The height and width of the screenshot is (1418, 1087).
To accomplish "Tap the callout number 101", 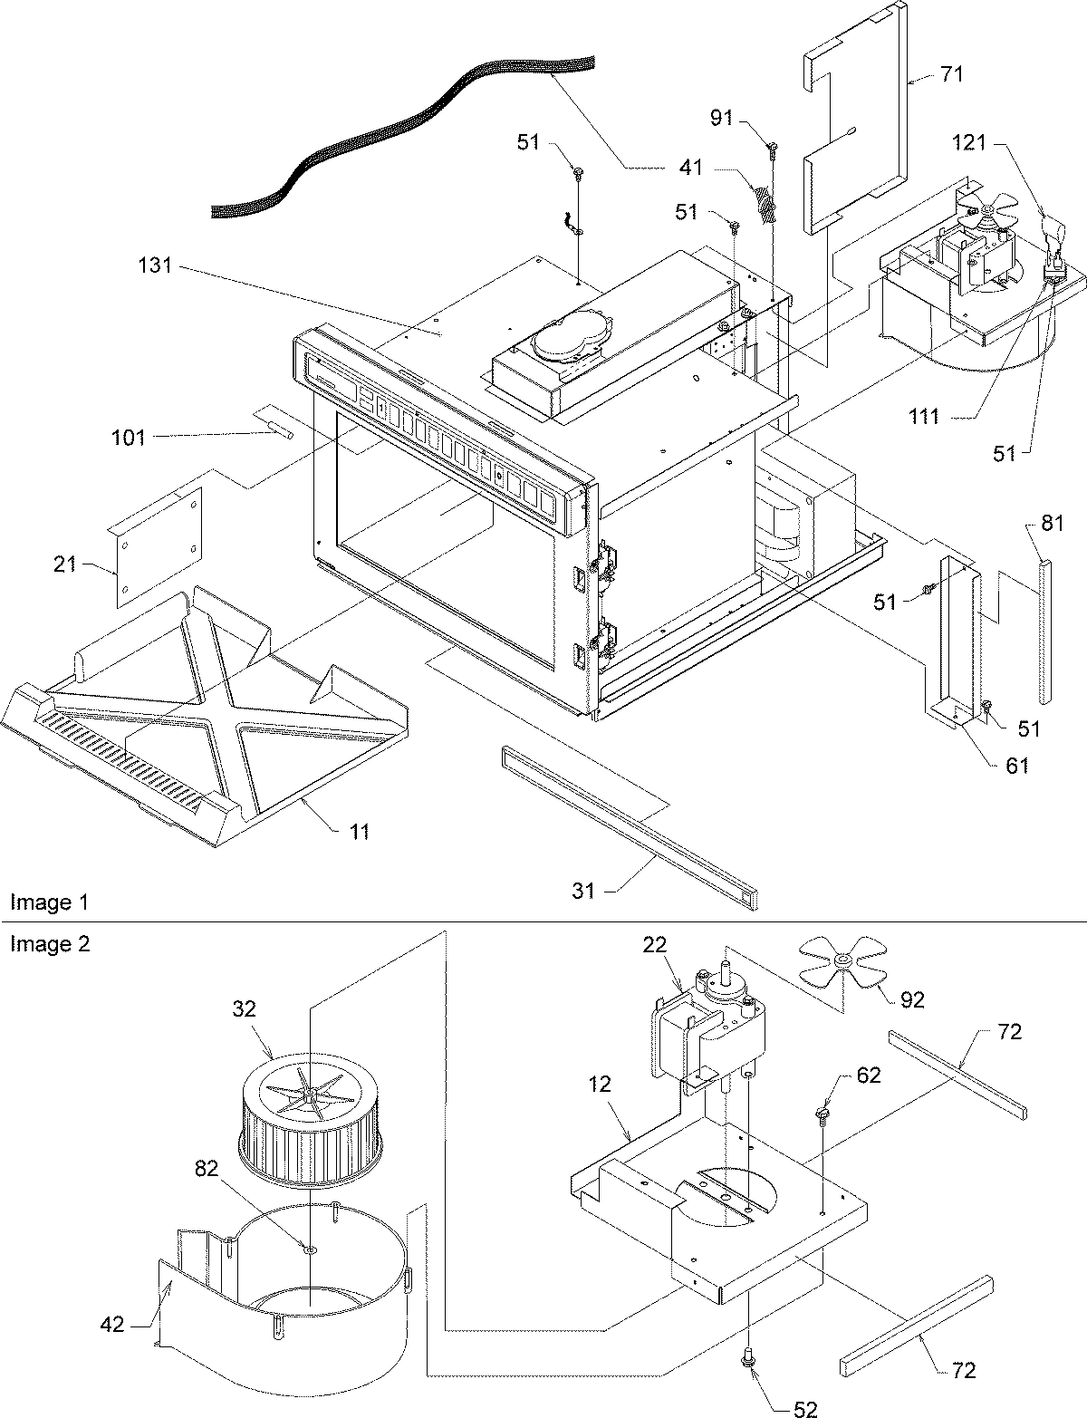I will pyautogui.click(x=128, y=438).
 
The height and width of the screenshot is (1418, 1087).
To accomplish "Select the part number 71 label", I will pyautogui.click(x=951, y=73).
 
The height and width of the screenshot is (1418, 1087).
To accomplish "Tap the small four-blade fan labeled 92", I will pyautogui.click(x=842, y=961).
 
